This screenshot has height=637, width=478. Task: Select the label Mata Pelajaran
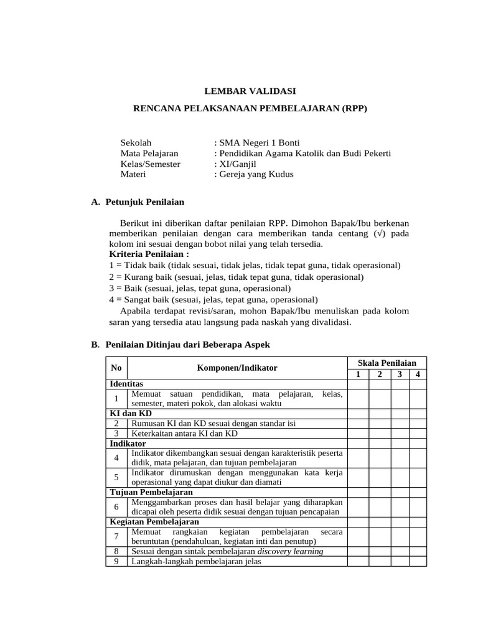(149, 153)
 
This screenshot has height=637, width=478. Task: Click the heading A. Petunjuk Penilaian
(138, 202)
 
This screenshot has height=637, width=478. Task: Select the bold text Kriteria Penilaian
(149, 254)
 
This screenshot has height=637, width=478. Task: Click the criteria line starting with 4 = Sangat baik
(213, 299)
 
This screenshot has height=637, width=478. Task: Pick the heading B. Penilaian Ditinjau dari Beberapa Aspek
(180, 344)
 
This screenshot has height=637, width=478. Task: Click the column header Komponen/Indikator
(237, 368)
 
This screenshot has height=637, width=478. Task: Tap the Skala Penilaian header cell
(387, 363)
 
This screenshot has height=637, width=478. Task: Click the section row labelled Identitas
(126, 384)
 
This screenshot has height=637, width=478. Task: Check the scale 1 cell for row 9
(358, 562)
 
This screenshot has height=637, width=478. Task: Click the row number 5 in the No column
(116, 477)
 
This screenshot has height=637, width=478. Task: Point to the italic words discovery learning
(290, 551)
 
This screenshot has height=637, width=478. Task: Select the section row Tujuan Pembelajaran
(151, 492)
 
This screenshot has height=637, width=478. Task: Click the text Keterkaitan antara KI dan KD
(185, 433)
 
